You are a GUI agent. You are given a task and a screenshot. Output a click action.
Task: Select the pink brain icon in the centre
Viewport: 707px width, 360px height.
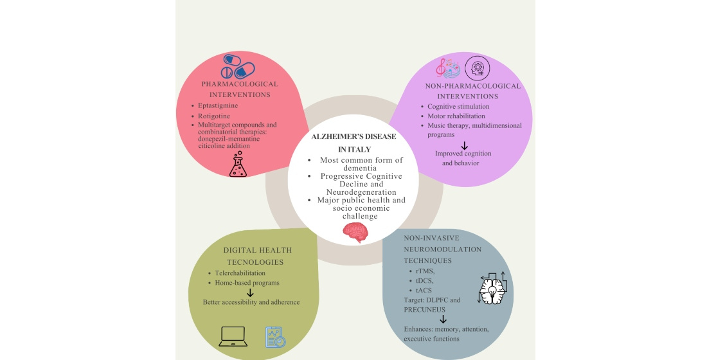coord(355,232)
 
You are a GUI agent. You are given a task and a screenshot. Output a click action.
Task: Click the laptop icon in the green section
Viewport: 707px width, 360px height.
coord(233,336)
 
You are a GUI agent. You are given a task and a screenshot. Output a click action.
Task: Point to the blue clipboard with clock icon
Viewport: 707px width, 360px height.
coord(275,337)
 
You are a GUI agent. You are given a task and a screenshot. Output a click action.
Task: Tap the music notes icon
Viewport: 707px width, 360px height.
coord(448,67)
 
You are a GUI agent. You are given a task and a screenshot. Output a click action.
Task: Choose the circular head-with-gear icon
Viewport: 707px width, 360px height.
coord(478,67)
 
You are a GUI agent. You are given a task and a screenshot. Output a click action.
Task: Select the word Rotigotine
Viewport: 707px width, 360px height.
coord(215,116)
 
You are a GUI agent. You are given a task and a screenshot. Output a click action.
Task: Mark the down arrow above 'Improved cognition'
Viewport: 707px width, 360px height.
coord(464,145)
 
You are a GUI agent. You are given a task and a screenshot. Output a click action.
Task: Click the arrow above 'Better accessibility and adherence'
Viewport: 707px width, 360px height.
coord(251,292)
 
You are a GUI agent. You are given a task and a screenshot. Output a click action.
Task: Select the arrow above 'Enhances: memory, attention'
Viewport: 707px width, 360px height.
coord(443,319)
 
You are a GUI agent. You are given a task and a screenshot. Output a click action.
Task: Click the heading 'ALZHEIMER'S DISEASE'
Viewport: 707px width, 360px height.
coord(353,137)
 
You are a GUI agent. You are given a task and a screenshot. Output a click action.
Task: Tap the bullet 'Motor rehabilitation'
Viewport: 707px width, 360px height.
coord(456,116)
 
